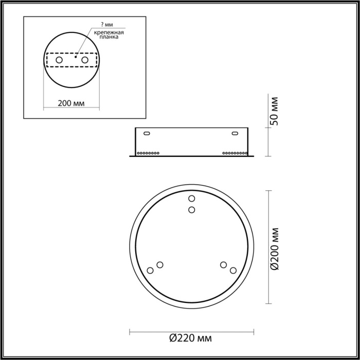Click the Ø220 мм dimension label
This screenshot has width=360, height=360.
pyautogui.click(x=190, y=338)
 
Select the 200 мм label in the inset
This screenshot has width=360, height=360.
pyautogui.click(x=71, y=103)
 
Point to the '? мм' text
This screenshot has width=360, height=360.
pyautogui.click(x=106, y=25)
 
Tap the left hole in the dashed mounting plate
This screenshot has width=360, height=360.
pyautogui.click(x=60, y=60)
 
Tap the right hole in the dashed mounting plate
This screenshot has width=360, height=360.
pyautogui.click(x=84, y=60)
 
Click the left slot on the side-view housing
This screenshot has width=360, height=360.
pyautogui.click(x=147, y=134)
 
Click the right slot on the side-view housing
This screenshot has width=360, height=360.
pyautogui.click(x=235, y=134)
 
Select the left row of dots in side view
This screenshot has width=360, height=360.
pyautogui.click(x=149, y=153)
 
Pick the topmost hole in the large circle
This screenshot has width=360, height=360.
pyautogui.click(x=191, y=199)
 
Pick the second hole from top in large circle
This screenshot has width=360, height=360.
pyautogui.click(x=191, y=209)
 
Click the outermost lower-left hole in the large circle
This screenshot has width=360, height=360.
pyautogui.click(x=150, y=270)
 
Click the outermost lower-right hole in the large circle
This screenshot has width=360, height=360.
pyautogui.click(x=233, y=270)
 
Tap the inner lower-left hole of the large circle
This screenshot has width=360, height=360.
pyautogui.click(x=160, y=264)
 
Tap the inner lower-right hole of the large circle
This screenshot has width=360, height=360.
pyautogui.click(x=223, y=264)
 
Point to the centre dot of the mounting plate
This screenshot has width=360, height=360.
pyautogui.click(x=76, y=58)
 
